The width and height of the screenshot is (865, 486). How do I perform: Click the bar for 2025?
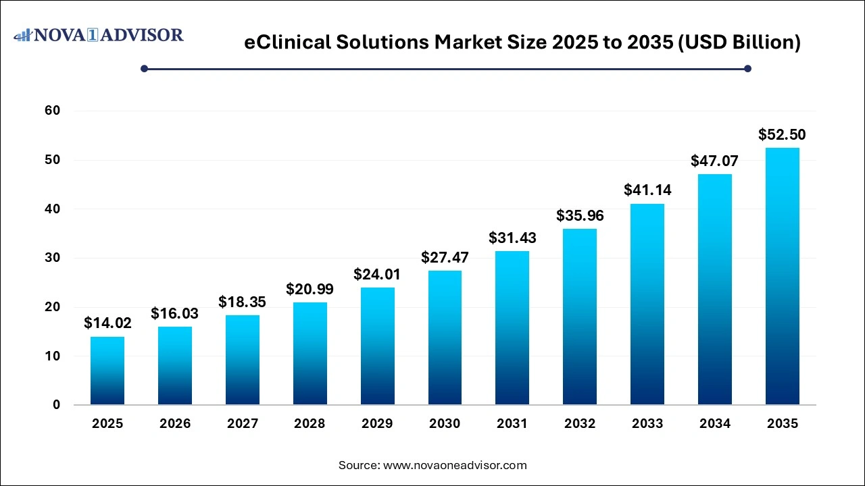click(107, 371)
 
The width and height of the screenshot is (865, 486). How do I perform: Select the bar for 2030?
click(445, 337)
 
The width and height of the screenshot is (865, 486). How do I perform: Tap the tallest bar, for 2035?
click(783, 276)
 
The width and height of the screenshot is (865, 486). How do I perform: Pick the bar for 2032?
click(580, 317)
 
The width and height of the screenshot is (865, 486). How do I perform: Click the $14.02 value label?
click(107, 323)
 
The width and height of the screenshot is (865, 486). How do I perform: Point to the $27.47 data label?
click(445, 257)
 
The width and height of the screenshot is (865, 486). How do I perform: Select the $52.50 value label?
click(783, 134)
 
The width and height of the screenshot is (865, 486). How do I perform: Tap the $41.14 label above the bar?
click(647, 190)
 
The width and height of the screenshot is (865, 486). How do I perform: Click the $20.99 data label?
click(310, 289)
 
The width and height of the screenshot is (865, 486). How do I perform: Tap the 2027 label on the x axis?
click(242, 424)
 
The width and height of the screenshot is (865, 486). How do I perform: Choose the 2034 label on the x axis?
click(715, 424)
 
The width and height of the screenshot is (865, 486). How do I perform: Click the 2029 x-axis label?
click(377, 424)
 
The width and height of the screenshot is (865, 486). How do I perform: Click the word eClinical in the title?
click(289, 43)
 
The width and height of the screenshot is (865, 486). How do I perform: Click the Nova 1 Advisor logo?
click(99, 34)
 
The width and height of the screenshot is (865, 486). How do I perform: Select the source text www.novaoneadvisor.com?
click(455, 465)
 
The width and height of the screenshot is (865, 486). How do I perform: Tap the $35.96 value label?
click(580, 216)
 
